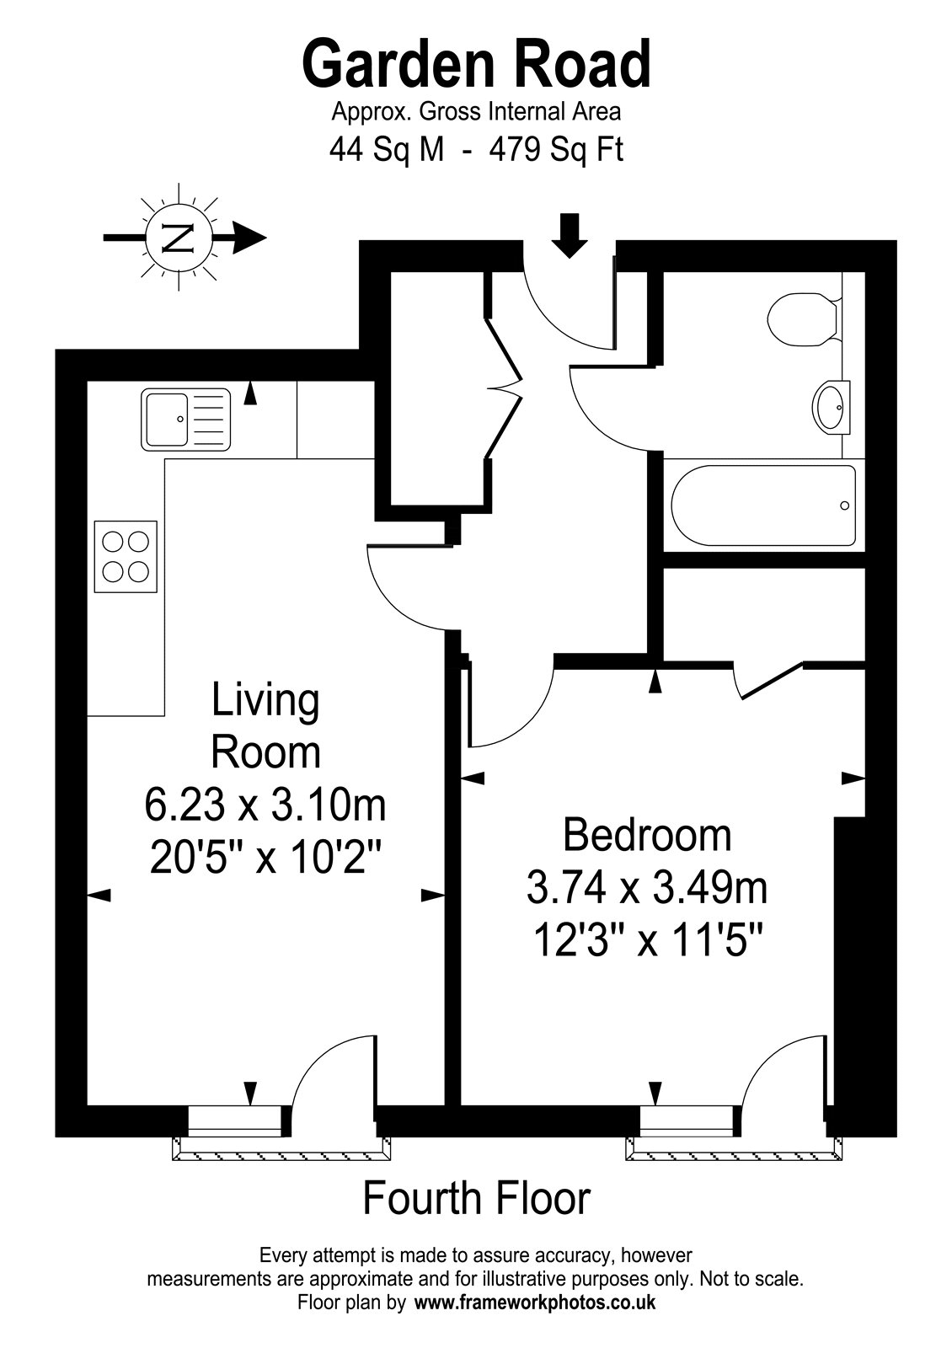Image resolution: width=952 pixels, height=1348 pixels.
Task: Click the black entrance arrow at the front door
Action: [x=570, y=235]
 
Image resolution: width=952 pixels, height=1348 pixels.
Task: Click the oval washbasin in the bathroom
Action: [x=831, y=407]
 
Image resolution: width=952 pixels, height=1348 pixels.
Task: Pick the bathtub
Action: [x=763, y=505]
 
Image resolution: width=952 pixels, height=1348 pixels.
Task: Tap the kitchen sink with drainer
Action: [x=186, y=420]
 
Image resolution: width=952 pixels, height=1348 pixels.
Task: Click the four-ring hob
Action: [x=126, y=557]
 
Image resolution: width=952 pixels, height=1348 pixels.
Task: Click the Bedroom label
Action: [x=648, y=835]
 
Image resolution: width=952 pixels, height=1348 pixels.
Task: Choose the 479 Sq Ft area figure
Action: [x=556, y=150]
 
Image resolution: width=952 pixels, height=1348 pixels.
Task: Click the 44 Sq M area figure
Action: [x=387, y=150]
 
